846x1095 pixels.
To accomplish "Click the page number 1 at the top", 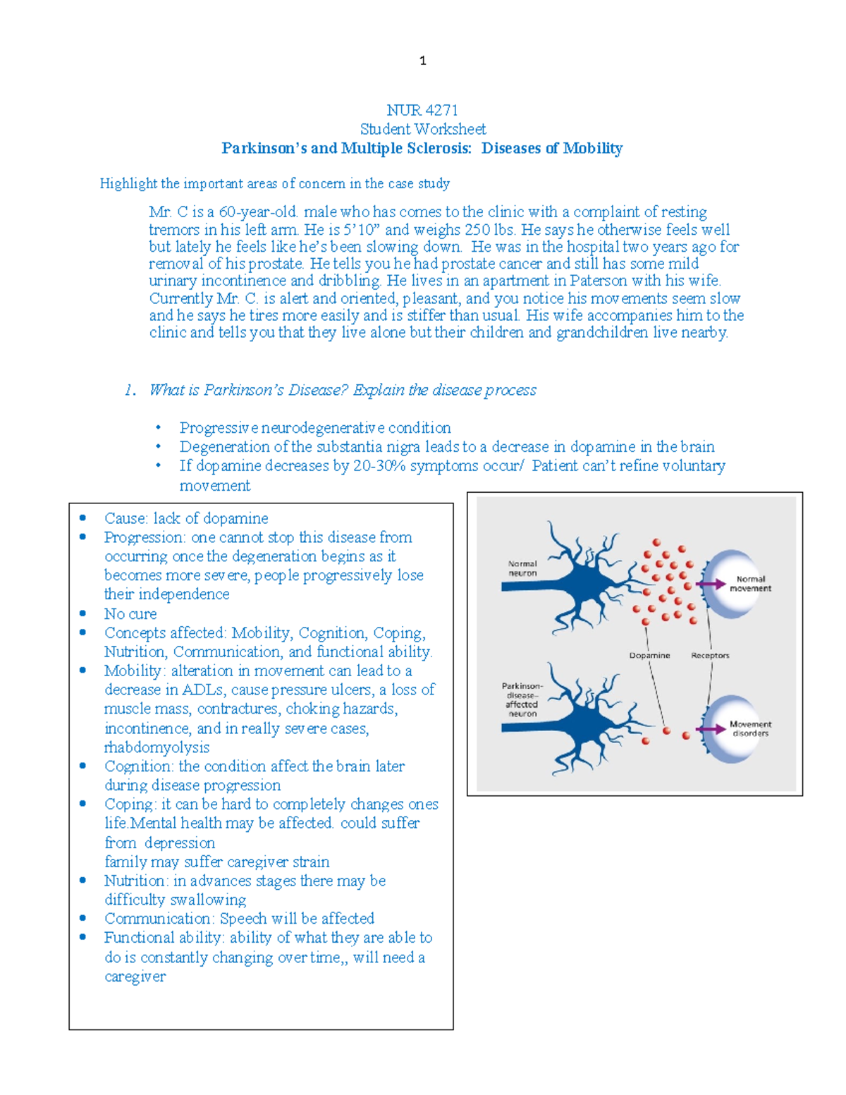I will tap(422, 61).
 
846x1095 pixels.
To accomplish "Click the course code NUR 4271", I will tap(422, 110).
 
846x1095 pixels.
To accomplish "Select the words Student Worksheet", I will tap(423, 129).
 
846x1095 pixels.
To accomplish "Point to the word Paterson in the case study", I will tap(598, 281).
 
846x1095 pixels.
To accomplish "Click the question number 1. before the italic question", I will tap(130, 390).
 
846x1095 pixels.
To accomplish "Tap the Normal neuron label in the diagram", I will tap(522, 568).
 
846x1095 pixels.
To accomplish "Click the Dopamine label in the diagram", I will tap(649, 655).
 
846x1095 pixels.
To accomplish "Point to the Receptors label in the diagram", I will tap(710, 655).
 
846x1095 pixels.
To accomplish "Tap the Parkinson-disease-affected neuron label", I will tap(522, 699).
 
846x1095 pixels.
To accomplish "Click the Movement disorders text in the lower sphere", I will tap(750, 728).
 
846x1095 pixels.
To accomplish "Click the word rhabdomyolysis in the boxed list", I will tap(157, 747).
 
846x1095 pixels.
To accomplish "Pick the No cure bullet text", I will tap(130, 613).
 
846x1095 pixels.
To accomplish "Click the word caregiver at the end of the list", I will tap(135, 977).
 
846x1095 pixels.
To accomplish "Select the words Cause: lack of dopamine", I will tap(186, 518).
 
